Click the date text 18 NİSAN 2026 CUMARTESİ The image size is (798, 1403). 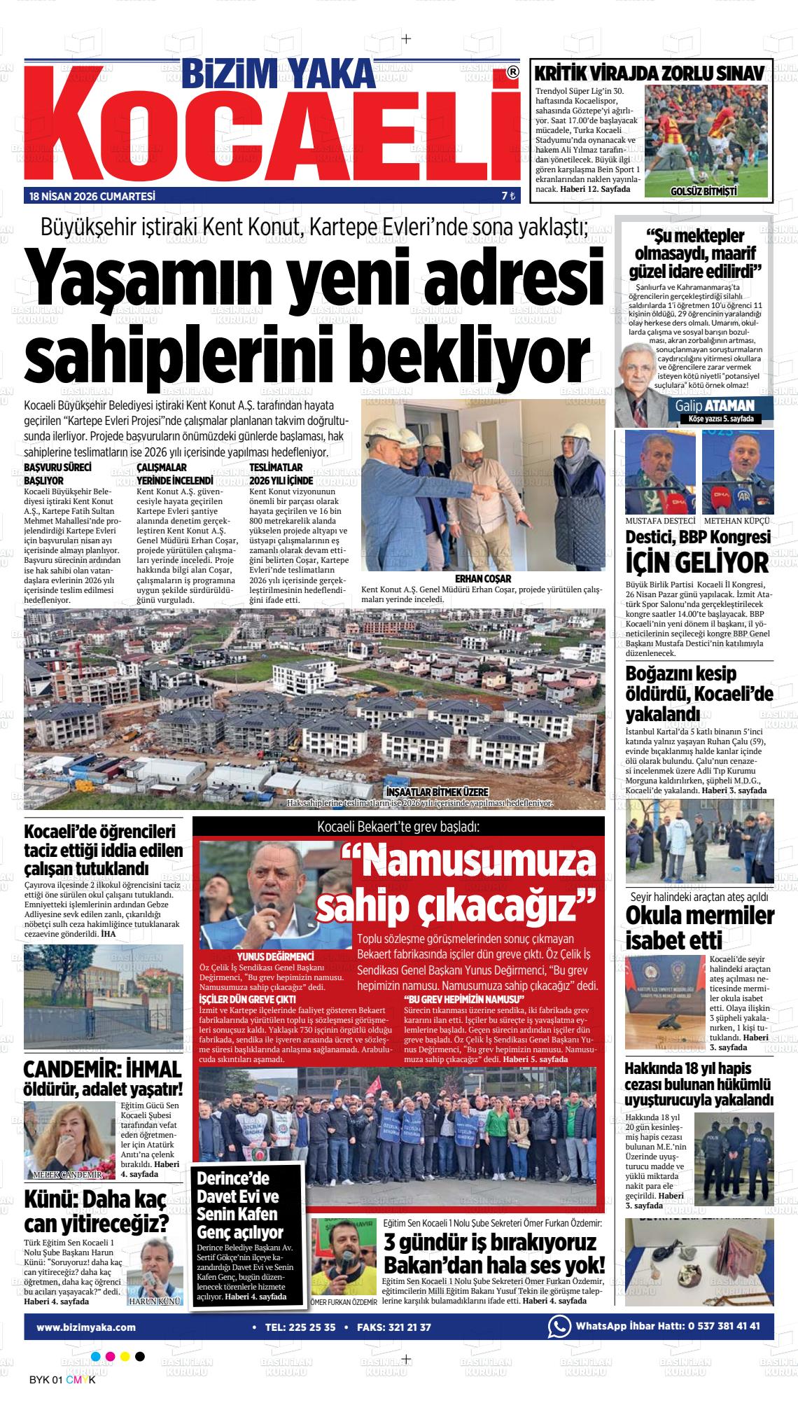92,197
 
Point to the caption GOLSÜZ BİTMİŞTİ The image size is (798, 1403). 703,191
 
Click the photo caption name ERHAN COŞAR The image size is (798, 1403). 483,579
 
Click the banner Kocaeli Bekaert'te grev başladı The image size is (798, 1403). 398,827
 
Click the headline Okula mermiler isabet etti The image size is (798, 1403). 699,927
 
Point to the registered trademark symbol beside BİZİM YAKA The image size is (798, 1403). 513,72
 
